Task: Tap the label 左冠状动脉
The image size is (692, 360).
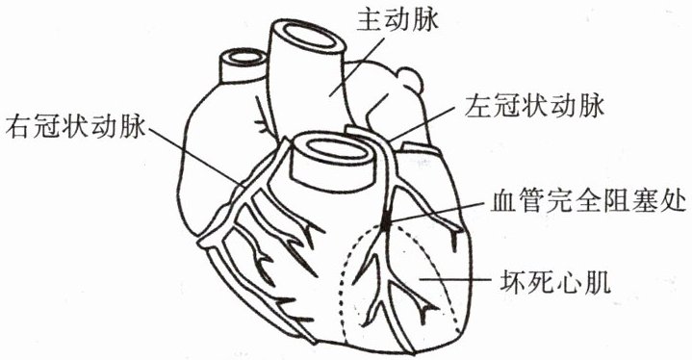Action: point(534,107)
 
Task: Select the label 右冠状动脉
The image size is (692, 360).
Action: point(75,127)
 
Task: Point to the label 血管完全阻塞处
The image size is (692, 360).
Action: point(588,203)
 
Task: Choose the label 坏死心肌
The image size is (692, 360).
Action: point(555,281)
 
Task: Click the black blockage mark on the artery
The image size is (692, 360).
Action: point(386,219)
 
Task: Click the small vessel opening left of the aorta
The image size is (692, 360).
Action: point(243,58)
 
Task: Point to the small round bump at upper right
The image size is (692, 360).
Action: point(410,80)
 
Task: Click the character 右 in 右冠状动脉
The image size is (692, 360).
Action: point(18,127)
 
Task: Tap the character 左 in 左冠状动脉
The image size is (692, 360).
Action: point(478,107)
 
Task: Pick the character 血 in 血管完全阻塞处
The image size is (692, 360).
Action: point(503,203)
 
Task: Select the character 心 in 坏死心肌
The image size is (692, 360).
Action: point(570,281)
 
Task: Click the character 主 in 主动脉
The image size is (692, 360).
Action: point(370,20)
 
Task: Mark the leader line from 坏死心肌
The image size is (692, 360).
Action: point(455,279)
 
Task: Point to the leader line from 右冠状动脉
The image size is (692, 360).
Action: point(195,156)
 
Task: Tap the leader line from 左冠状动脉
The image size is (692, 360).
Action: point(424,123)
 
